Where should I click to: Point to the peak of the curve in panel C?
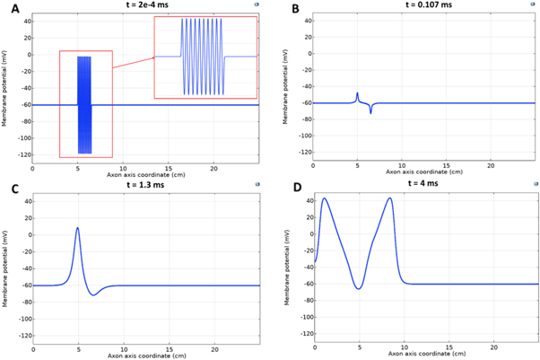(78, 228)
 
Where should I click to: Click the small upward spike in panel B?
(357, 93)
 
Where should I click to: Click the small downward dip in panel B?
(370, 112)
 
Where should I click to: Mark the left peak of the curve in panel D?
(324, 198)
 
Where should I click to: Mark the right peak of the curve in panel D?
(390, 198)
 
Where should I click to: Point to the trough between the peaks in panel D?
(359, 288)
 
